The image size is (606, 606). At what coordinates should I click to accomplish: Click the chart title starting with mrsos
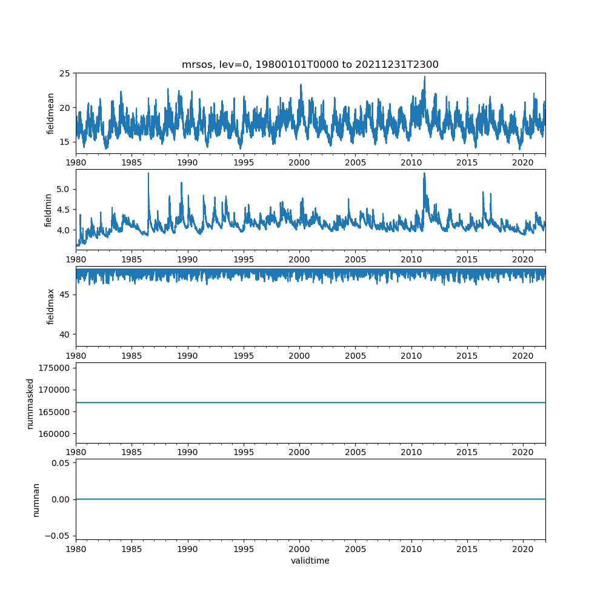click(x=310, y=64)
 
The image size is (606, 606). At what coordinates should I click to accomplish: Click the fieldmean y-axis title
click(x=51, y=113)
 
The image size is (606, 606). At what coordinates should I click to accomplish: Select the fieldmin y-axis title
click(x=49, y=210)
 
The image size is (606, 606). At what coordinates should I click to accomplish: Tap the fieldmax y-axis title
click(x=51, y=306)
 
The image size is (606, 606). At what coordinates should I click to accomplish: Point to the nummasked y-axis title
click(x=30, y=403)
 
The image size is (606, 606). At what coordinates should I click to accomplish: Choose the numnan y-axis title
click(x=36, y=499)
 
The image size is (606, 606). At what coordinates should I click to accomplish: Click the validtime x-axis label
click(x=310, y=561)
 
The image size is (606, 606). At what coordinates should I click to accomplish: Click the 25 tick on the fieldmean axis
click(x=65, y=73)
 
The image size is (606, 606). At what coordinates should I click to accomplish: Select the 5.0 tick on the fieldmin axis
click(x=62, y=189)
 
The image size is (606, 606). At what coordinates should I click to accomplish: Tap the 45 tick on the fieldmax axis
click(x=65, y=295)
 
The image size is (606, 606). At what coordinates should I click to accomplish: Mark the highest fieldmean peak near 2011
click(x=424, y=77)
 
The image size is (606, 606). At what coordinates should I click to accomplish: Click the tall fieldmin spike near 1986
click(x=148, y=174)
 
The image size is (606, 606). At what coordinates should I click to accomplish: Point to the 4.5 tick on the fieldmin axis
click(x=62, y=210)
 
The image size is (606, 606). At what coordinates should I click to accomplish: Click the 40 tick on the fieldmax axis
click(x=65, y=335)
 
